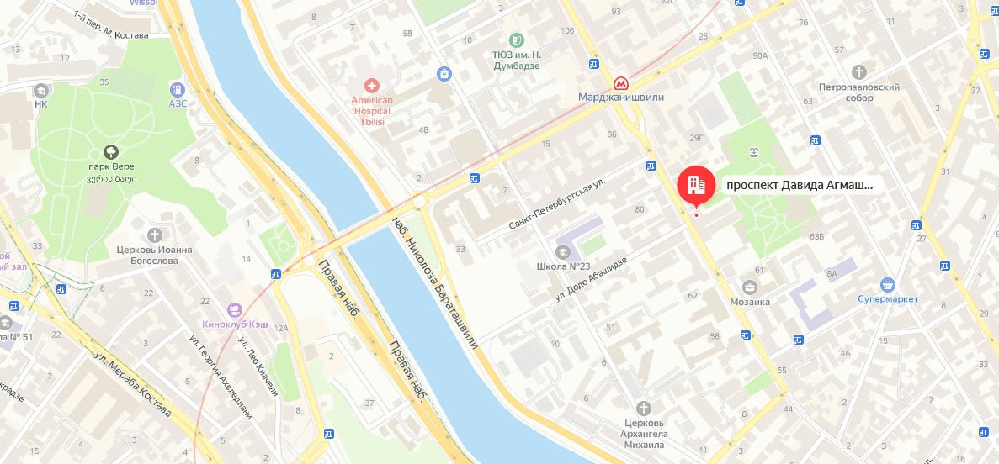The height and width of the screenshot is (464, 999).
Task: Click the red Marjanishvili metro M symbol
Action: [x=620, y=83]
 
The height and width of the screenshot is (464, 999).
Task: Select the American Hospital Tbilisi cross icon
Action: [x=371, y=85]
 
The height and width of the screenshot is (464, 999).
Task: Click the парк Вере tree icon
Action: [x=110, y=151]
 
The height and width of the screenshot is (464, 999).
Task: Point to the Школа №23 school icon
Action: [x=562, y=251]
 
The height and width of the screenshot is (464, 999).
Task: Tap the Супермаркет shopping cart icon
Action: [x=887, y=284]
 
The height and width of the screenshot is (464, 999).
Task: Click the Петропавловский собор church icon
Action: [x=858, y=72]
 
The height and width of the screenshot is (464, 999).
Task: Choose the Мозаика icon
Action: [x=749, y=287]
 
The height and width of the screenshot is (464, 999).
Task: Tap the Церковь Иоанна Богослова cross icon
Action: [x=154, y=235]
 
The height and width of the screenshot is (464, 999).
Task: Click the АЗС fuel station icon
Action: [x=177, y=89]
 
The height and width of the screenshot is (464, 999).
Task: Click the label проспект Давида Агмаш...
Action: [x=799, y=185]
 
